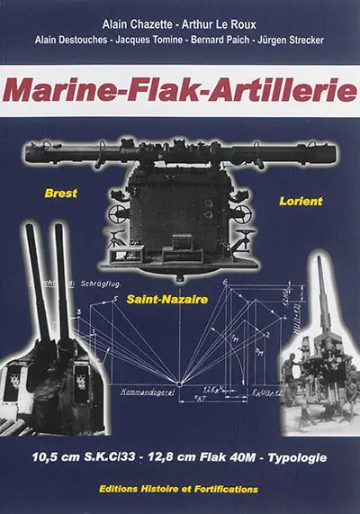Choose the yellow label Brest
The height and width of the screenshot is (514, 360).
click(x=62, y=193)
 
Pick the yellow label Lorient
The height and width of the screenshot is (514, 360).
click(x=300, y=201)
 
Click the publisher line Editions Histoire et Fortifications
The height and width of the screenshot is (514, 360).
click(x=180, y=489)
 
